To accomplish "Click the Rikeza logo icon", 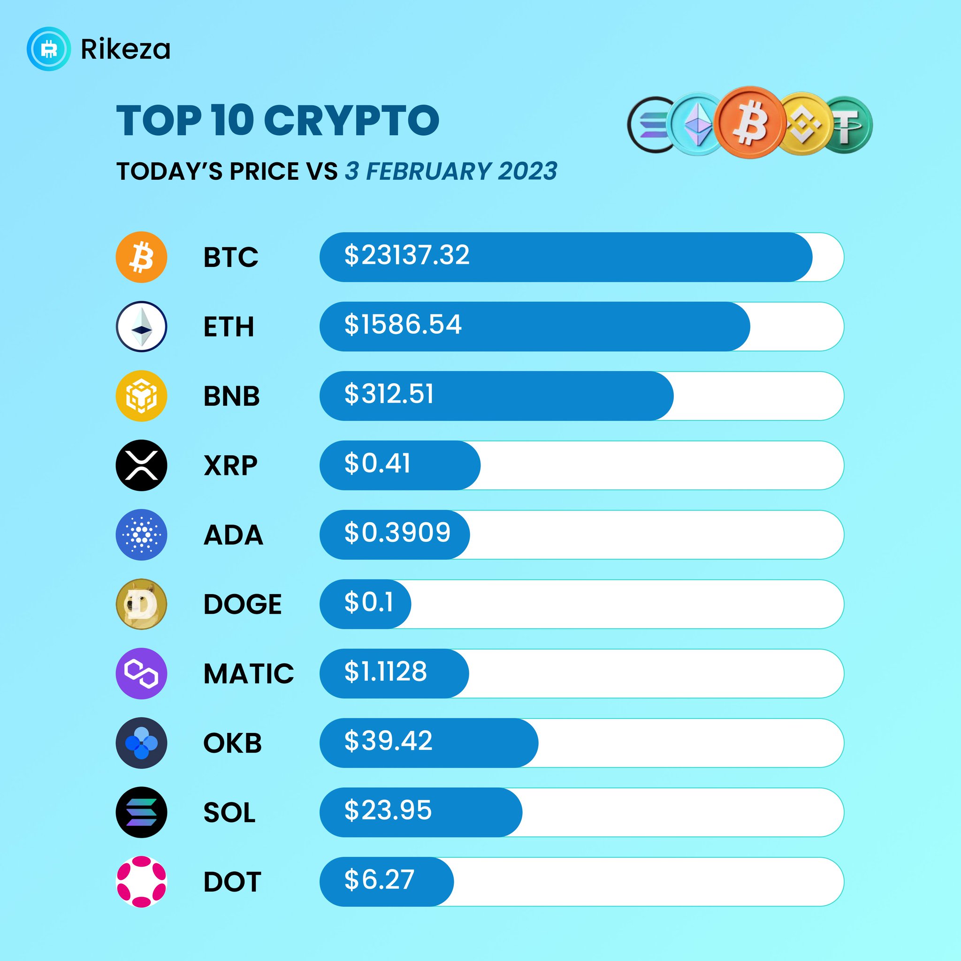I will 48,49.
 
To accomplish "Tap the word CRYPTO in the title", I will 351,121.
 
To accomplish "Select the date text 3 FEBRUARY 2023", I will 450,172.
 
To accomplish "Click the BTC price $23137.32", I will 406,255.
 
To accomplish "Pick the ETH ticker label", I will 229,327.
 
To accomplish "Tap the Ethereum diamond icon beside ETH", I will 141,327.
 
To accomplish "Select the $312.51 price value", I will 389,394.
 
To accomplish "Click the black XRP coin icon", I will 141,465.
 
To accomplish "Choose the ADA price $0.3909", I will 397,533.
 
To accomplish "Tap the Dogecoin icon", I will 141,604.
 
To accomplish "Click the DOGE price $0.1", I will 368,603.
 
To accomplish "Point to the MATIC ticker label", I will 248,673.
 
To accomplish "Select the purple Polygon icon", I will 141,673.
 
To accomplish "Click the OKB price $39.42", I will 388,740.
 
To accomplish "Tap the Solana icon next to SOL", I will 141,812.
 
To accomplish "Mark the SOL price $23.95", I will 388,810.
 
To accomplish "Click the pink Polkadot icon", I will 141,882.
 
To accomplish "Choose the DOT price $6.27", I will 379,880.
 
